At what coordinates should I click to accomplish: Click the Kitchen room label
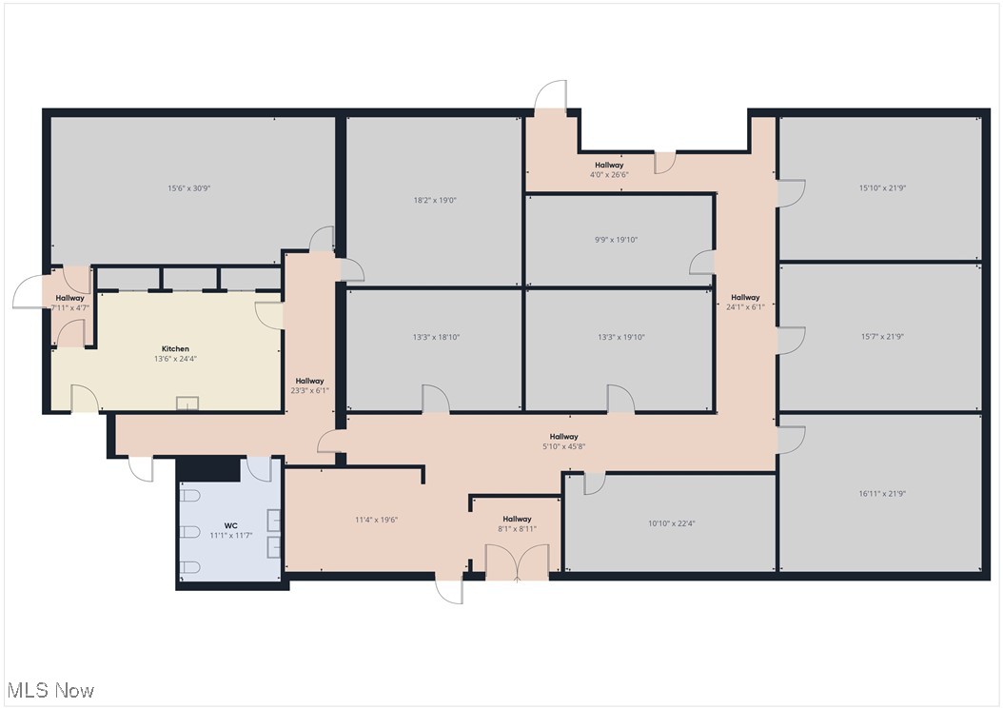(x=175, y=348)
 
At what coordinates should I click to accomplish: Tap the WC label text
(x=231, y=525)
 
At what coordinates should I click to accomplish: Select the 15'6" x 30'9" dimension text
(x=188, y=188)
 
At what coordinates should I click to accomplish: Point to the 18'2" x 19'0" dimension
(x=435, y=200)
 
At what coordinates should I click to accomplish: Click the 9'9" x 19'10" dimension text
(x=616, y=240)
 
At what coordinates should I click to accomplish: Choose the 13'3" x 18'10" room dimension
(x=436, y=337)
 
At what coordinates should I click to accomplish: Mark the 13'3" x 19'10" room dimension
(x=621, y=337)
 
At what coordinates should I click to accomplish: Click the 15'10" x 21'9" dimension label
(x=882, y=188)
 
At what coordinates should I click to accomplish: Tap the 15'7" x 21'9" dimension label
(x=882, y=337)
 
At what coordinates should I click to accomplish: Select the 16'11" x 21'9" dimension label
(x=882, y=493)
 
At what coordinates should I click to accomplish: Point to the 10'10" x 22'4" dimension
(x=672, y=523)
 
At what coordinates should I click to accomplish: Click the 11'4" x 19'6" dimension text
(x=376, y=520)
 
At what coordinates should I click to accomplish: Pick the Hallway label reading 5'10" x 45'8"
(x=563, y=442)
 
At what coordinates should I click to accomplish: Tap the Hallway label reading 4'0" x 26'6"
(x=609, y=169)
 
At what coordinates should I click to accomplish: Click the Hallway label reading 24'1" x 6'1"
(x=745, y=302)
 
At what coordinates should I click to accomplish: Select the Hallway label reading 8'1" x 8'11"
(x=517, y=524)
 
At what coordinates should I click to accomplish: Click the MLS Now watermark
(x=51, y=691)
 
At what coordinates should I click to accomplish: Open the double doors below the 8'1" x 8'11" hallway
(x=517, y=563)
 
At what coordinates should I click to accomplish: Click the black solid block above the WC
(x=208, y=469)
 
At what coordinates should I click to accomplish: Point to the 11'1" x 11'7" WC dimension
(x=231, y=536)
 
